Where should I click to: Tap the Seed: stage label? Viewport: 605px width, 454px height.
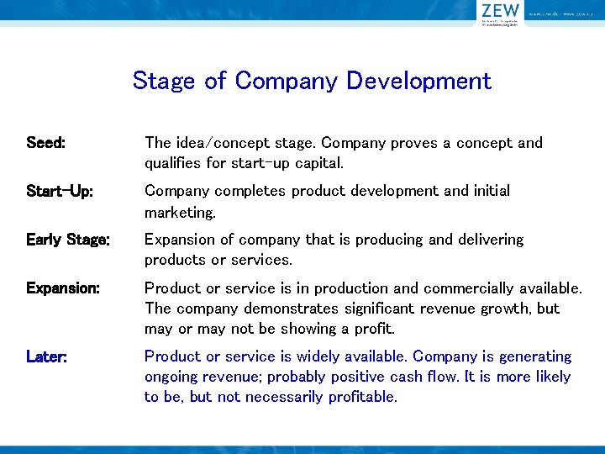(x=45, y=143)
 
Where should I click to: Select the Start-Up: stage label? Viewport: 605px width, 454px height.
(x=60, y=191)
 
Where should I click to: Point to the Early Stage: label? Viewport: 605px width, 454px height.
(x=67, y=240)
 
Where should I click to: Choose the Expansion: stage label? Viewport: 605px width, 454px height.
(x=63, y=288)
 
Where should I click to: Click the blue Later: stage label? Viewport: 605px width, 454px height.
(x=47, y=356)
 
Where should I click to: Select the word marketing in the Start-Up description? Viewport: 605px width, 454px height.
(x=179, y=211)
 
